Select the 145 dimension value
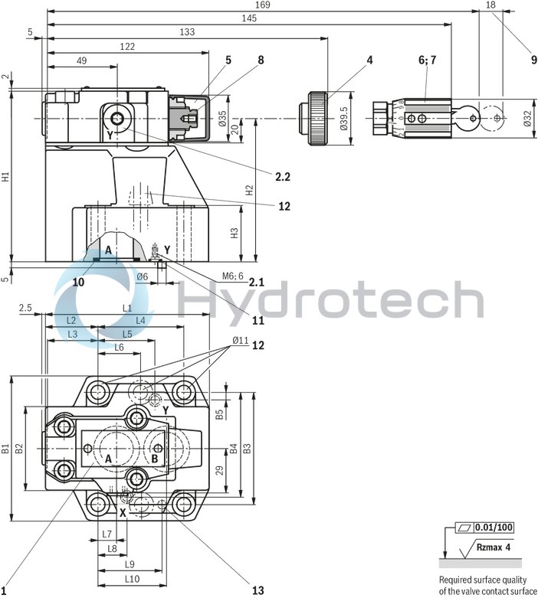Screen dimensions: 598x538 pyautogui.click(x=248, y=18)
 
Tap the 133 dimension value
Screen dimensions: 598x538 pyautogui.click(x=187, y=32)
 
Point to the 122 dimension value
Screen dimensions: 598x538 pyautogui.click(x=128, y=47)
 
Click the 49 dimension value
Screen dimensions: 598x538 pyautogui.click(x=82, y=60)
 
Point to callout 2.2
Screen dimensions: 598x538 pyautogui.click(x=282, y=177)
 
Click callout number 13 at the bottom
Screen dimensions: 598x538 pyautogui.click(x=258, y=590)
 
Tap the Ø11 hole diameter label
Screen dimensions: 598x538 pyautogui.click(x=239, y=341)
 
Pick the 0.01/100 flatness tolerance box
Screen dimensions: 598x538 pyautogui.click(x=494, y=528)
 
